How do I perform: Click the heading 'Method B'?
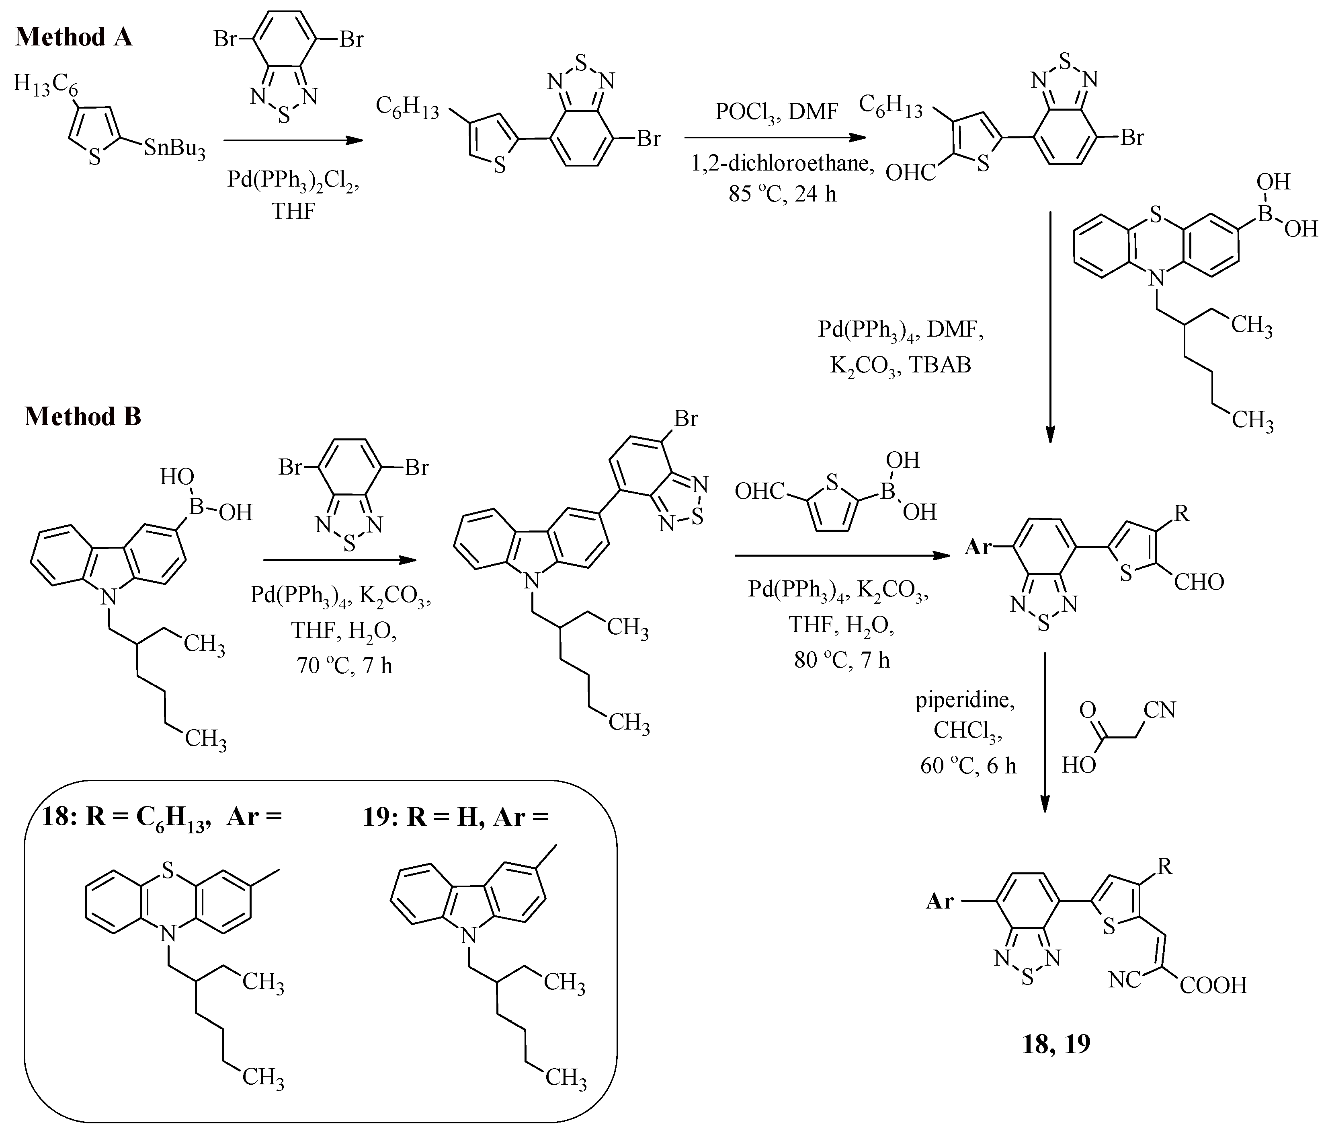[x=83, y=417]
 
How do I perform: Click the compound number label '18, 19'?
[x=1055, y=1044]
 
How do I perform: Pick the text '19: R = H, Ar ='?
[x=456, y=818]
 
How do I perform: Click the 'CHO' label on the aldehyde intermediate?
[x=1199, y=582]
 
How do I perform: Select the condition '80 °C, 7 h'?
[x=842, y=660]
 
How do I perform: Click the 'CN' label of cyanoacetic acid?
[x=1160, y=710]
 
